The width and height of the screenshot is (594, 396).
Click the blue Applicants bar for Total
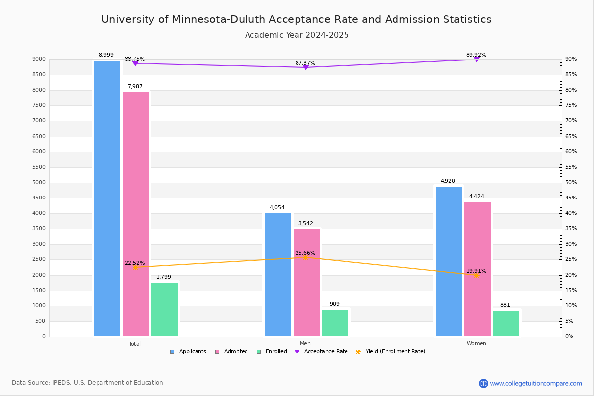point(107,198)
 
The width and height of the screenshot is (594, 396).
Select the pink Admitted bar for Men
point(306,282)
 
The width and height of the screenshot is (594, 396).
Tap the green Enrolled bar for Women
point(506,323)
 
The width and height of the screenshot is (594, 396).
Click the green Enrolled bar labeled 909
point(335,323)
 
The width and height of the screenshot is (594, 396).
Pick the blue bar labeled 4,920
point(448,261)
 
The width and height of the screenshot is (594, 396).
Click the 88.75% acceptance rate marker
point(135,63)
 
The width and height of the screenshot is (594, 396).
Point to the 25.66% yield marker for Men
point(305,257)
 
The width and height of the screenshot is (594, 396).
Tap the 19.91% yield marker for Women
point(476,275)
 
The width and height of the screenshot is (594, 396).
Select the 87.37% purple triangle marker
point(305,67)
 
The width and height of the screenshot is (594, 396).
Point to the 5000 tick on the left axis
point(40,183)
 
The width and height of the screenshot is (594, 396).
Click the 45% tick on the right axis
point(571,198)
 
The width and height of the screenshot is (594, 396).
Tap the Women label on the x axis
point(476,344)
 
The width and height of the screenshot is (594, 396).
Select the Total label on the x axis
point(135,344)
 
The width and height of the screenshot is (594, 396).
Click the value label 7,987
point(135,87)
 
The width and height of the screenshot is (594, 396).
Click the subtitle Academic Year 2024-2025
point(297,35)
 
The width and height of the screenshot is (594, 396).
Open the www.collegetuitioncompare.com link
point(536,383)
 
